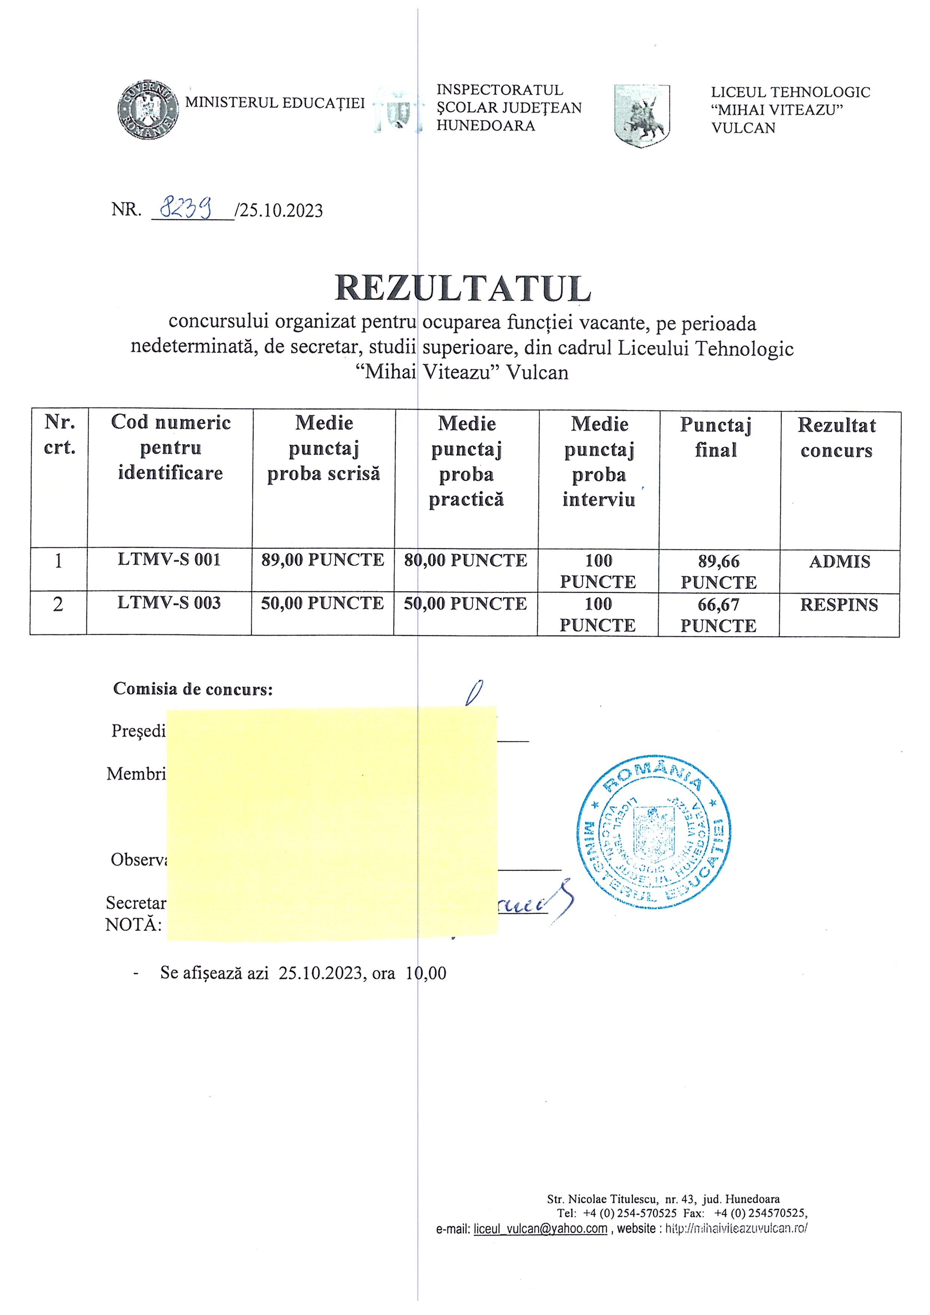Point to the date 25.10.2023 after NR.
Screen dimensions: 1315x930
click(x=281, y=211)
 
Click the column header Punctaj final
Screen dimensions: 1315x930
click(x=716, y=438)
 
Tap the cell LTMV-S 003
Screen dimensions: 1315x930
click(x=169, y=603)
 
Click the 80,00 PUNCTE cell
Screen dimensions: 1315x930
click(x=466, y=561)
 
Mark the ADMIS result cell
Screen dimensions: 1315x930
click(x=840, y=562)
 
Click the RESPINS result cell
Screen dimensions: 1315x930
click(x=839, y=606)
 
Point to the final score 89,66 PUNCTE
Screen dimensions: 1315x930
click(x=719, y=571)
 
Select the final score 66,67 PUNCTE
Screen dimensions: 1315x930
click(x=718, y=615)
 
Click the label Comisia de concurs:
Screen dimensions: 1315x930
click(x=193, y=688)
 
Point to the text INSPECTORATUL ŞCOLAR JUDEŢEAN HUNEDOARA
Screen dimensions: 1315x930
click(x=509, y=108)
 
